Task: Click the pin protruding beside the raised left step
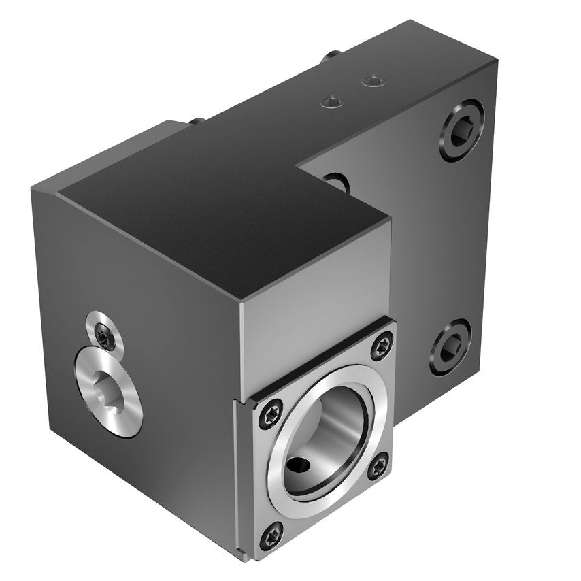pyautogui.click(x=195, y=120)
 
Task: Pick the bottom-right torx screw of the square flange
pyautogui.click(x=378, y=465)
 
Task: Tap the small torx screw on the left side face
pyautogui.click(x=104, y=331)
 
